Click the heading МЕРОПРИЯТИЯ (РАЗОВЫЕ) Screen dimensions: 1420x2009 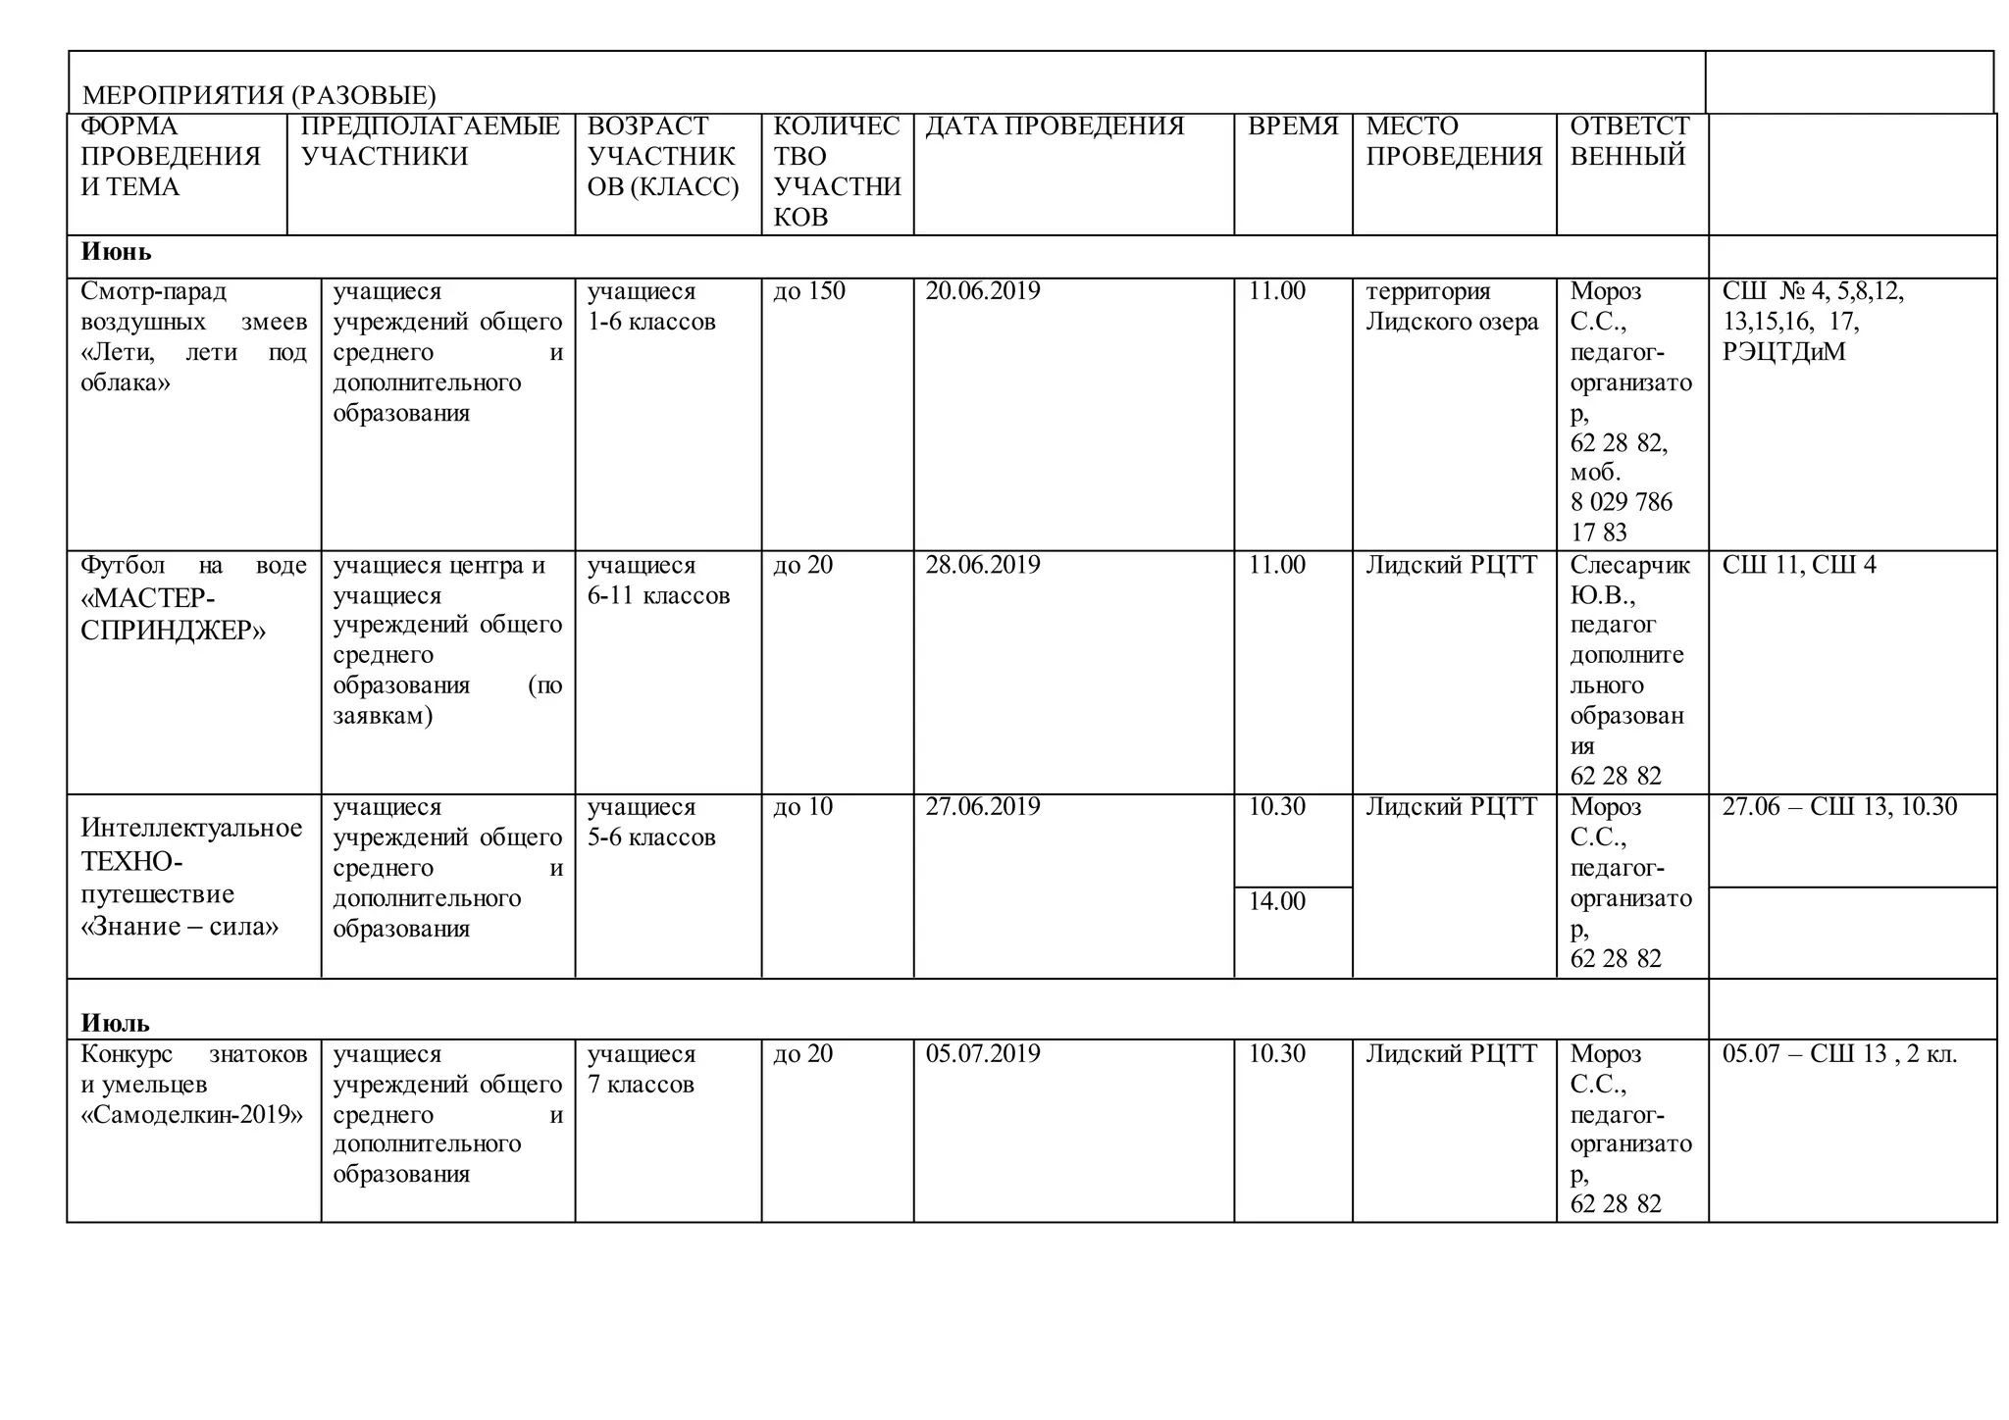(x=259, y=95)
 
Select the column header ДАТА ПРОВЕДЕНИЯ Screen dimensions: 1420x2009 (x=1055, y=127)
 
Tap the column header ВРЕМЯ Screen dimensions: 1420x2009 (x=1292, y=127)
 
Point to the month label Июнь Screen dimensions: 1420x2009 (x=116, y=252)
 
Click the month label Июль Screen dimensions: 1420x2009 (x=115, y=1024)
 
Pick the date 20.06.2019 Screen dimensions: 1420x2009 (x=982, y=291)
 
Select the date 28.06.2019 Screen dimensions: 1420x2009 (x=982, y=565)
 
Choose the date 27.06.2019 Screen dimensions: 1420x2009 (x=982, y=807)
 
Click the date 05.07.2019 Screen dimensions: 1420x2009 (x=982, y=1054)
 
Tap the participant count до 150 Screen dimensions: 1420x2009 (x=808, y=291)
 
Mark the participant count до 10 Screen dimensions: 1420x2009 (x=802, y=807)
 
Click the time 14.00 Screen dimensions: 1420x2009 (x=1276, y=901)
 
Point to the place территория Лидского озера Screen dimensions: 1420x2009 (x=1452, y=306)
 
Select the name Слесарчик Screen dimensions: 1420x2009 (x=1629, y=565)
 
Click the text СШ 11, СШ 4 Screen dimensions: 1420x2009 (x=1798, y=565)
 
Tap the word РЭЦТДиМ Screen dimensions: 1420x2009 (x=1783, y=352)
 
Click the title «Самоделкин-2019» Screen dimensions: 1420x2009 (x=192, y=1115)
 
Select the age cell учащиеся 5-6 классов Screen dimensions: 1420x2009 (x=651, y=822)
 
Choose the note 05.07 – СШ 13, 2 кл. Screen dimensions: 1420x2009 (x=1839, y=1054)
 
